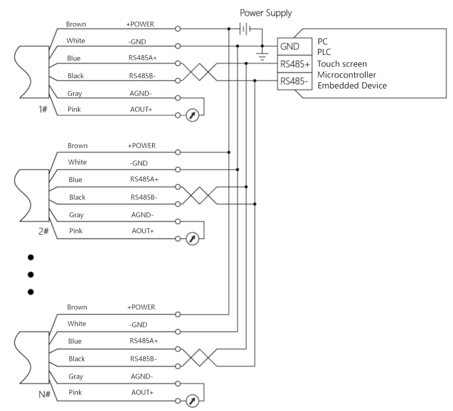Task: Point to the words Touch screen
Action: coord(342,64)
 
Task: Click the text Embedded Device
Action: coord(352,86)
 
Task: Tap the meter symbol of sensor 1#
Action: coord(192,116)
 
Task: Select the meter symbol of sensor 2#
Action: coord(192,238)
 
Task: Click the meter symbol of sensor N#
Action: coord(192,399)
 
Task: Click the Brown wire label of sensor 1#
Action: coord(76,24)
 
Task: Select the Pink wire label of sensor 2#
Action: coord(76,231)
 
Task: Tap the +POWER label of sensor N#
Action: coord(142,307)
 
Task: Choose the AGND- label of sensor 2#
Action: coord(142,215)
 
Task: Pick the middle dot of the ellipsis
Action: coord(31,274)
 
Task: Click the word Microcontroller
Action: coord(346,75)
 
